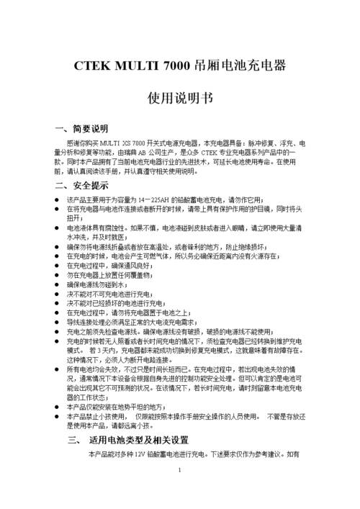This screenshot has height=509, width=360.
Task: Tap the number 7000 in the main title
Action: [x=178, y=66]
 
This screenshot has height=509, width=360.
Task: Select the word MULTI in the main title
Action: [x=136, y=66]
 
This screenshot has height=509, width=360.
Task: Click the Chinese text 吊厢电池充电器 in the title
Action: [x=240, y=66]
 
